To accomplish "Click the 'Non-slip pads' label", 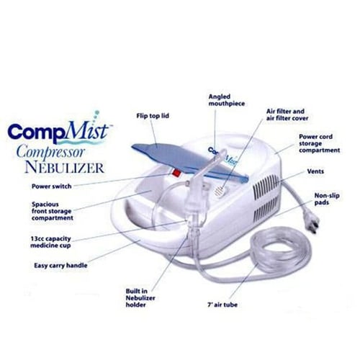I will pos(328,199).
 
